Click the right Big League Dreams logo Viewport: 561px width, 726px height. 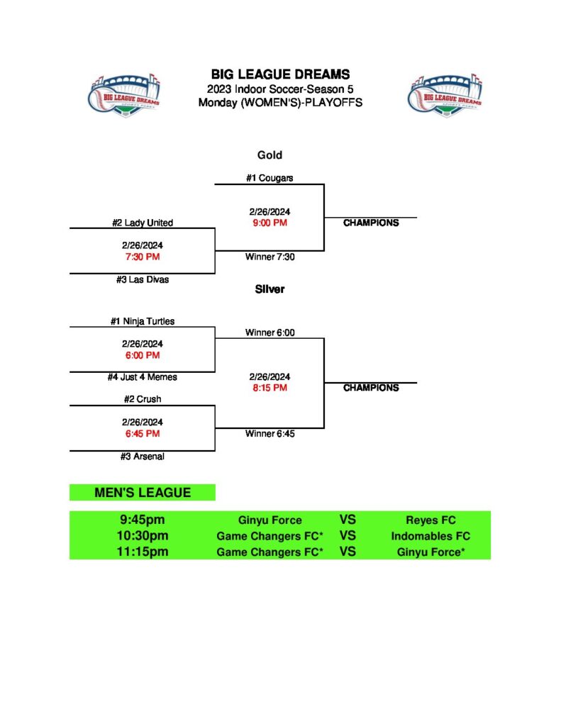click(x=445, y=95)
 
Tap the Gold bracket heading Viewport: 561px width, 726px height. click(x=270, y=155)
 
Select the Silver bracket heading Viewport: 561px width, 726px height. click(x=270, y=289)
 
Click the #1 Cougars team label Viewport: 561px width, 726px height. click(x=270, y=178)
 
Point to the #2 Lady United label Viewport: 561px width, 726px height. click(x=142, y=223)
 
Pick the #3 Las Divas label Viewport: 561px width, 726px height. click(x=142, y=279)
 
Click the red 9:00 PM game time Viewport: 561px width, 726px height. click(x=270, y=223)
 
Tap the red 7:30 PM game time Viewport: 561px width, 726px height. click(x=142, y=257)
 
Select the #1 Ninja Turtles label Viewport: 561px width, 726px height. click(x=142, y=321)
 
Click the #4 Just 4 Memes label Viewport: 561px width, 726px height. click(x=142, y=377)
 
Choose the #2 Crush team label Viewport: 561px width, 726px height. click(x=142, y=399)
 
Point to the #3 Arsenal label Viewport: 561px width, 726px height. click(x=142, y=457)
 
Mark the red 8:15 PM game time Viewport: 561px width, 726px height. click(x=270, y=388)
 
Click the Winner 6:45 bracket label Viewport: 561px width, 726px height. click(x=270, y=433)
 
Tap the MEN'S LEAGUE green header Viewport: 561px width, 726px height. click(x=142, y=493)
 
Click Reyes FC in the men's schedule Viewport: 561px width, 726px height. click(x=431, y=520)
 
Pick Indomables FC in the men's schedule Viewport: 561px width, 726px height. click(x=431, y=536)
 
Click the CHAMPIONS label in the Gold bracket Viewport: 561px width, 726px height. click(x=371, y=223)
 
